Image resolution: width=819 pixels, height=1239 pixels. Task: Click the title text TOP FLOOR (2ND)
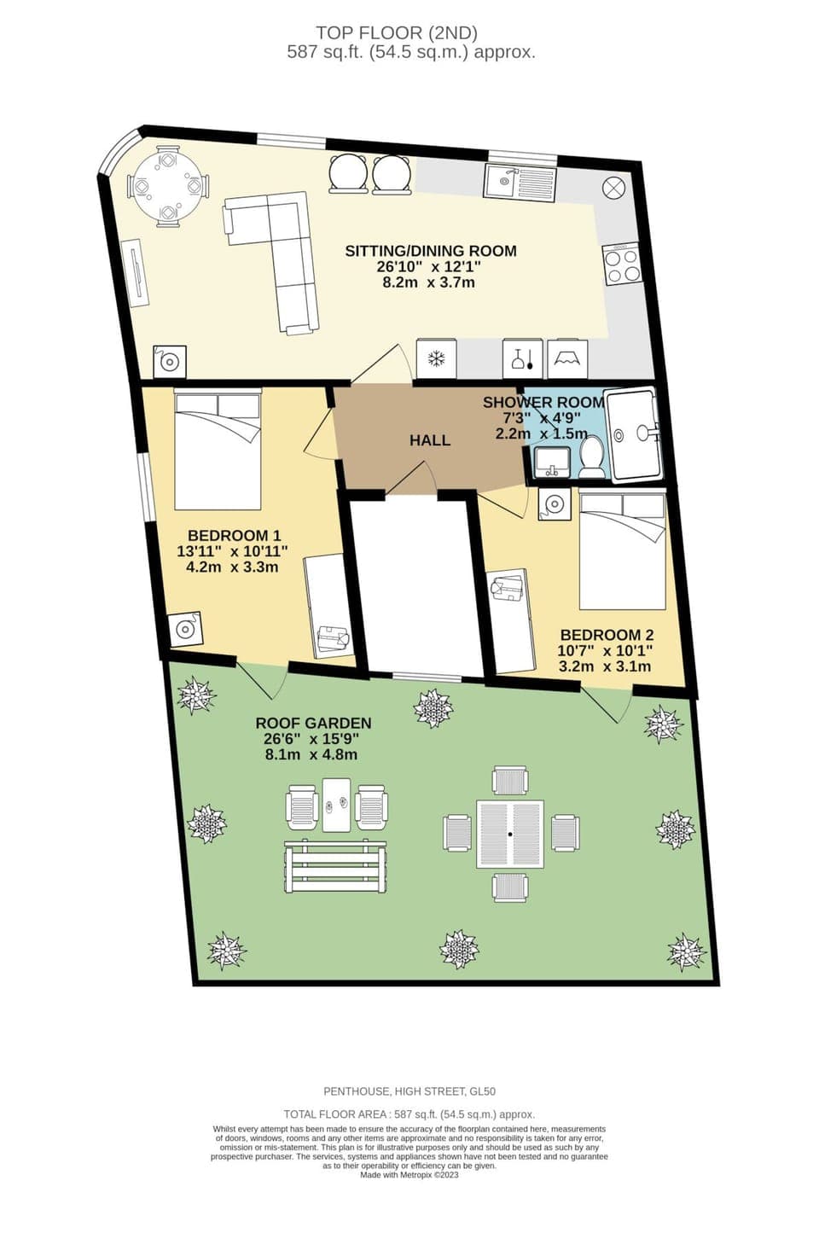pyautogui.click(x=397, y=33)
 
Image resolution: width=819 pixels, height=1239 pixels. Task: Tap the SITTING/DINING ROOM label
pyautogui.click(x=430, y=251)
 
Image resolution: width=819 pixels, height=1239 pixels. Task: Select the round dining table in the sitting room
pyautogui.click(x=168, y=187)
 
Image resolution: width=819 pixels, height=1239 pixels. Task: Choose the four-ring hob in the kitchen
pyautogui.click(x=621, y=265)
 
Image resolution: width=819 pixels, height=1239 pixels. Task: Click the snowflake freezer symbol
pyautogui.click(x=436, y=358)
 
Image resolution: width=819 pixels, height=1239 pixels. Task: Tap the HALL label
pyautogui.click(x=429, y=440)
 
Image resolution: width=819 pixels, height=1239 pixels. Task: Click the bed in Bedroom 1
pyautogui.click(x=218, y=450)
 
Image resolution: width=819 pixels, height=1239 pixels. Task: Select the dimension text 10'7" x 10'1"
pyautogui.click(x=604, y=651)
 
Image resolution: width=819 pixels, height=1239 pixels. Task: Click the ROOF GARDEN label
pyautogui.click(x=313, y=723)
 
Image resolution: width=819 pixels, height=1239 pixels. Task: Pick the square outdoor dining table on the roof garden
pyautogui.click(x=510, y=834)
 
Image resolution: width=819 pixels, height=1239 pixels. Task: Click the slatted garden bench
pyautogui.click(x=337, y=865)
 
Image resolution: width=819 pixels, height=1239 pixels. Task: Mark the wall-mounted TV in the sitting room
pyautogui.click(x=136, y=272)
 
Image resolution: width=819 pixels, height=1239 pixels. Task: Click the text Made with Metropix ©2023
pyautogui.click(x=409, y=1175)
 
